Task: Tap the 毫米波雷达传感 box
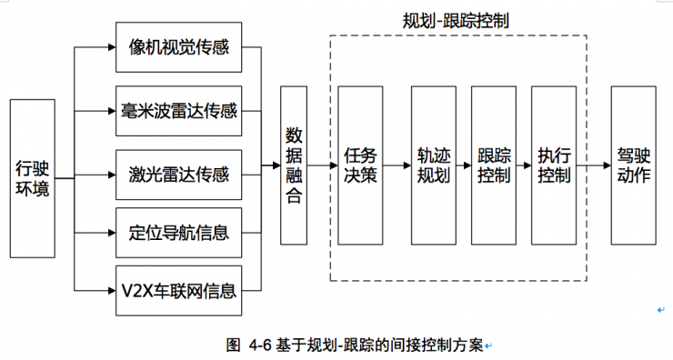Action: (178, 111)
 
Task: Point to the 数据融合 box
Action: (294, 165)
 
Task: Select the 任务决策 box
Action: (360, 165)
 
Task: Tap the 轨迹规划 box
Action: (433, 165)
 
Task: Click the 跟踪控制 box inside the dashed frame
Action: (494, 165)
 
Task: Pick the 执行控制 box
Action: (554, 165)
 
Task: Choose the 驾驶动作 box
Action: (633, 165)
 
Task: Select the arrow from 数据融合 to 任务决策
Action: (322, 165)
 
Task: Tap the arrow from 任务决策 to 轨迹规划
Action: (397, 165)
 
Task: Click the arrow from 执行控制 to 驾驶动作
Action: (595, 165)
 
